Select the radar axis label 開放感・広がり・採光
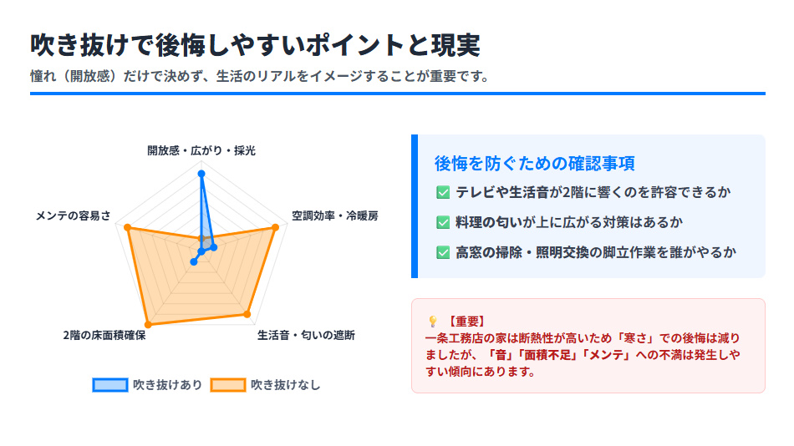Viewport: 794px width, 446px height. tap(201, 151)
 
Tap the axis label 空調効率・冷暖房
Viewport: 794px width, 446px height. tap(334, 215)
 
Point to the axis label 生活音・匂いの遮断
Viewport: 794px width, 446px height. tap(306, 336)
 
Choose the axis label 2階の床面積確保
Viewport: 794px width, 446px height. tap(104, 336)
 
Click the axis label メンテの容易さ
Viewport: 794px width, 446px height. tap(73, 215)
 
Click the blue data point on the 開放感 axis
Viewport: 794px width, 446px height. tap(201, 174)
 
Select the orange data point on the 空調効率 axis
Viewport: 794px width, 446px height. tap(276, 227)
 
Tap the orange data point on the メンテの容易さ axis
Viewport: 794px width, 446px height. tap(127, 227)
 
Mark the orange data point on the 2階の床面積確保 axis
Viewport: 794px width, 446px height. tap(149, 323)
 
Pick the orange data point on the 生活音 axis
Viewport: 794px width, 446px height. tap(247, 314)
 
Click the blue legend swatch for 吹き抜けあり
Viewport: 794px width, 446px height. tap(109, 385)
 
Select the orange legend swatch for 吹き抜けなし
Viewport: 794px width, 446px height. tap(227, 385)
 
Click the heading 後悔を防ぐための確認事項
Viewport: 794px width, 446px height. tap(534, 163)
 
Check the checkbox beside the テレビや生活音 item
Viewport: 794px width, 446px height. tap(443, 193)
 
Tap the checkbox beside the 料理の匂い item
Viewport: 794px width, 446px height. tap(443, 222)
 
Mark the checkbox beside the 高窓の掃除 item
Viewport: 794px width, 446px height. tap(443, 252)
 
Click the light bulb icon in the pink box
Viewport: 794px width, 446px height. tap(432, 321)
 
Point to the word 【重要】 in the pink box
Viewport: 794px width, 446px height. tap(466, 321)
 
